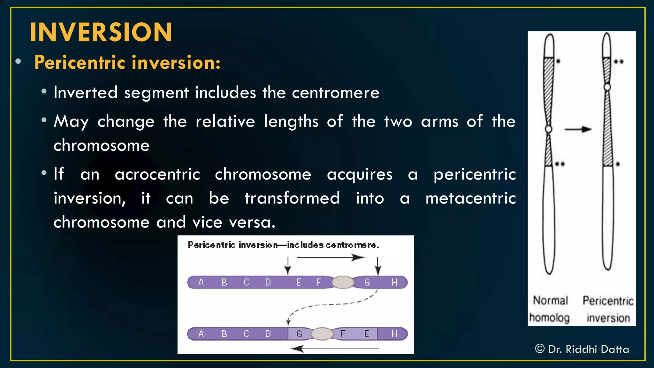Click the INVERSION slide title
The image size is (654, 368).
[101, 32]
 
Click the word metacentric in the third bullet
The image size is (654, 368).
[471, 198]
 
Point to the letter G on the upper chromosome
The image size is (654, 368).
[367, 282]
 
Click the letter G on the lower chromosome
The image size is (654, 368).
[299, 334]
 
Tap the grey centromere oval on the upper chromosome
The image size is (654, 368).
[343, 282]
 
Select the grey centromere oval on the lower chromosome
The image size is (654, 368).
[322, 334]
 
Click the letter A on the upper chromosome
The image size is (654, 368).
[201, 282]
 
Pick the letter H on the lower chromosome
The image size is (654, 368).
[394, 334]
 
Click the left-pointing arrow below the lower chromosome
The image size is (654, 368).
[334, 349]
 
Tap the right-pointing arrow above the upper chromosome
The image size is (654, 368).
[331, 257]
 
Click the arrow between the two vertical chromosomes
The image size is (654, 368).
[578, 129]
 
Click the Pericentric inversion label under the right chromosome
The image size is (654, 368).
[608, 309]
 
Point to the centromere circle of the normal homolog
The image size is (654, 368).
[549, 129]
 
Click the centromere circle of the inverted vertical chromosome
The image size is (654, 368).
[607, 87]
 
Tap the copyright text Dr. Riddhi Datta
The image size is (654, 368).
[582, 349]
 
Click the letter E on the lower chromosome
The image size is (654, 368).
[366, 334]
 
